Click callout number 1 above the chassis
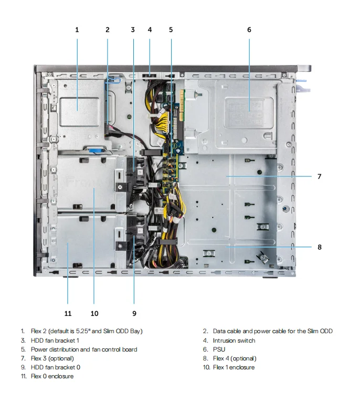77,30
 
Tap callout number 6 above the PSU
249,30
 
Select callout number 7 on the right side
319,176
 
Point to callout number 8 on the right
319,247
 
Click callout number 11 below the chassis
68,313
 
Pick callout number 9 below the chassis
134,313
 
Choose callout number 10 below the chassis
94,313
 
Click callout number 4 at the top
150,30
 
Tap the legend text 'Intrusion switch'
234,341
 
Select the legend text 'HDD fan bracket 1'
55,341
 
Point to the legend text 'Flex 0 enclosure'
52,376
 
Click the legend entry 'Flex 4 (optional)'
235,358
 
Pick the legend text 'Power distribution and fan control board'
84,349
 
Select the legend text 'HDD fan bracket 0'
56,367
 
